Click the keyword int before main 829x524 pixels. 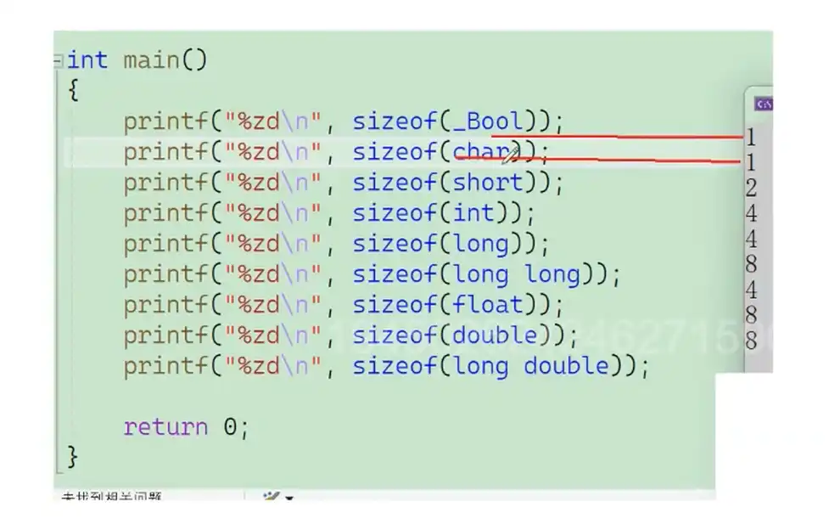pyautogui.click(x=87, y=60)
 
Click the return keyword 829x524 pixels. pyautogui.click(x=165, y=426)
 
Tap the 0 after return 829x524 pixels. pyautogui.click(x=230, y=426)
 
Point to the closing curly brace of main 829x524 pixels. pyautogui.click(x=72, y=457)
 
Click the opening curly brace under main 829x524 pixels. pyautogui.click(x=72, y=90)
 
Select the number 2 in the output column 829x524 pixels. pyautogui.click(x=751, y=188)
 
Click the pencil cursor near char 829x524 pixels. pyautogui.click(x=511, y=154)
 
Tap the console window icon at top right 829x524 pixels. pyautogui.click(x=763, y=104)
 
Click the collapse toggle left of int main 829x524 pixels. pyautogui.click(x=58, y=61)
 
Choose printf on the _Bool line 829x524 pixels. pyautogui.click(x=165, y=121)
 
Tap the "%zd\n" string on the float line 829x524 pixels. pyautogui.click(x=272, y=305)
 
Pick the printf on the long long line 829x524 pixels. pyautogui.click(x=165, y=274)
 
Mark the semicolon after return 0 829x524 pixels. pyautogui.click(x=244, y=427)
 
